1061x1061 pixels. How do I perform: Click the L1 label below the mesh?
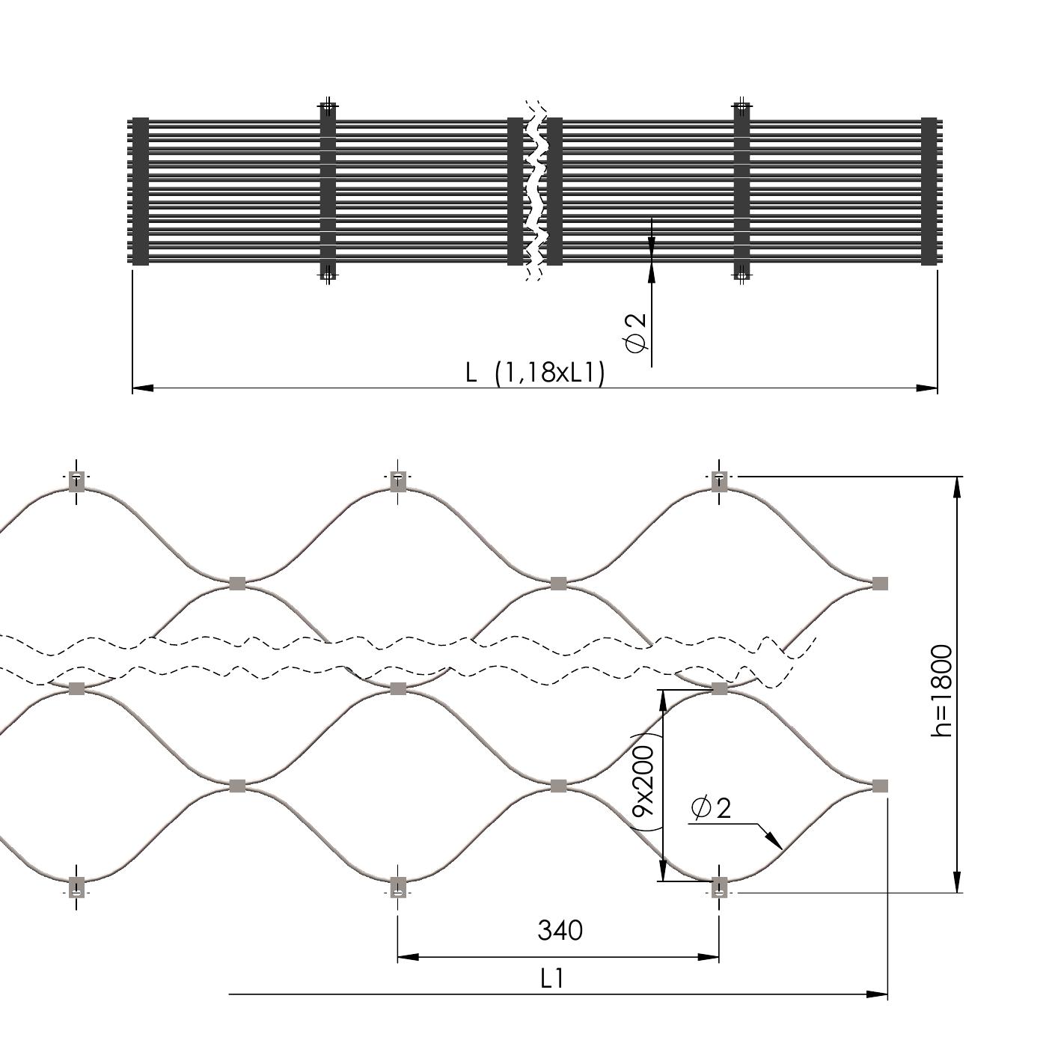tap(552, 979)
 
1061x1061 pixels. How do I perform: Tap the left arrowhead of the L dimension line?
tap(143, 389)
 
